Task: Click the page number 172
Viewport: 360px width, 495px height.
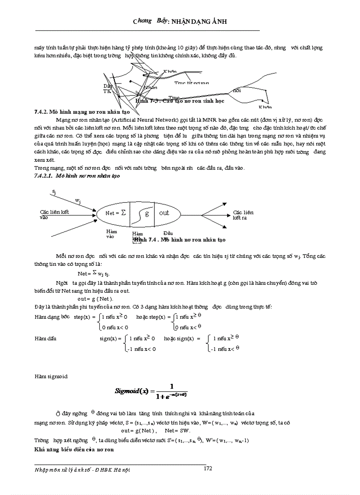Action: click(208, 469)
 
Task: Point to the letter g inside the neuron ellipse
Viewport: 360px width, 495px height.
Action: click(147, 213)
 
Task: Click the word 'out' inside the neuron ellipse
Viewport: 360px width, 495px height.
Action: click(164, 213)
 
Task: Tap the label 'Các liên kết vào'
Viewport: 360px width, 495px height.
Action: click(54, 214)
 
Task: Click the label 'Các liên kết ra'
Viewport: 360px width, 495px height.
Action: click(243, 215)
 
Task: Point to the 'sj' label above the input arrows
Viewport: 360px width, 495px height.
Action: click(53, 192)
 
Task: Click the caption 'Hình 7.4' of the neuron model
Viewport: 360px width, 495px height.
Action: click(179, 240)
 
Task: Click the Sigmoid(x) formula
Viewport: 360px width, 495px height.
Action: click(151, 390)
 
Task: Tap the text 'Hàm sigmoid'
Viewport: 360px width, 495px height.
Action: click(51, 376)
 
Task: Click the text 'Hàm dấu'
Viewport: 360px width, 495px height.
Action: click(45, 339)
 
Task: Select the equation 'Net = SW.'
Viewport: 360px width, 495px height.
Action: click(176, 430)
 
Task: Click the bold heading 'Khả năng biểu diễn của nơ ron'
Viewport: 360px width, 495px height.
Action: click(74, 450)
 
